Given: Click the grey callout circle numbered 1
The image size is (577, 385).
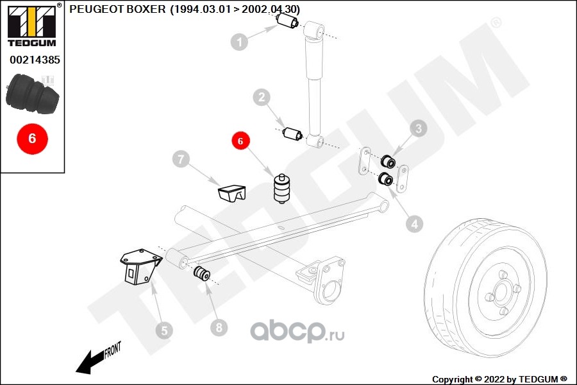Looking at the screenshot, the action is (x=240, y=42).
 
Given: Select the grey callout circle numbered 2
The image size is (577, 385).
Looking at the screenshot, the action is (x=262, y=98).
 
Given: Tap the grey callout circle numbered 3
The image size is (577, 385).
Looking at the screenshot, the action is (x=419, y=128).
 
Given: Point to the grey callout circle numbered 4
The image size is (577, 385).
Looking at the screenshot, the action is (x=415, y=224).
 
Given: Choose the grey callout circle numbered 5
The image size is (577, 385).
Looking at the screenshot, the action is (x=164, y=330).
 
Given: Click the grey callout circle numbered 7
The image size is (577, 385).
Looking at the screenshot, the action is (x=181, y=159).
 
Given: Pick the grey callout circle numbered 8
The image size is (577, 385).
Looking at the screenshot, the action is (x=219, y=327).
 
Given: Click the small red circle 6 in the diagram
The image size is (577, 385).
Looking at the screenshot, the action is (x=240, y=141).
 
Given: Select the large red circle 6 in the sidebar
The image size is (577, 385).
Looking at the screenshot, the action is (x=33, y=139).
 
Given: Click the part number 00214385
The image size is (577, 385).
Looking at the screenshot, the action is (x=35, y=60).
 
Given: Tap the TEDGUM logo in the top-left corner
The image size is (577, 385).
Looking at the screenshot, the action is (x=33, y=25).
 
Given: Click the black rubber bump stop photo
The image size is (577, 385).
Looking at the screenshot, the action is (x=33, y=94).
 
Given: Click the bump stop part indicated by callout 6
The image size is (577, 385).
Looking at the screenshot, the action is (x=281, y=189).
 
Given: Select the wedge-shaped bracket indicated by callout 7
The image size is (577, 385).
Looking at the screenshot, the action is (x=232, y=194).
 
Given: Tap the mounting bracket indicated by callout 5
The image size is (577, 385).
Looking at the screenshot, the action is (x=140, y=267).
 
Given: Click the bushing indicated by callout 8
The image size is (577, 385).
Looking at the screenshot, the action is (x=202, y=273).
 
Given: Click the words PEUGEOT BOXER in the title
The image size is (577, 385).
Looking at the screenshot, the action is (x=117, y=9).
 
